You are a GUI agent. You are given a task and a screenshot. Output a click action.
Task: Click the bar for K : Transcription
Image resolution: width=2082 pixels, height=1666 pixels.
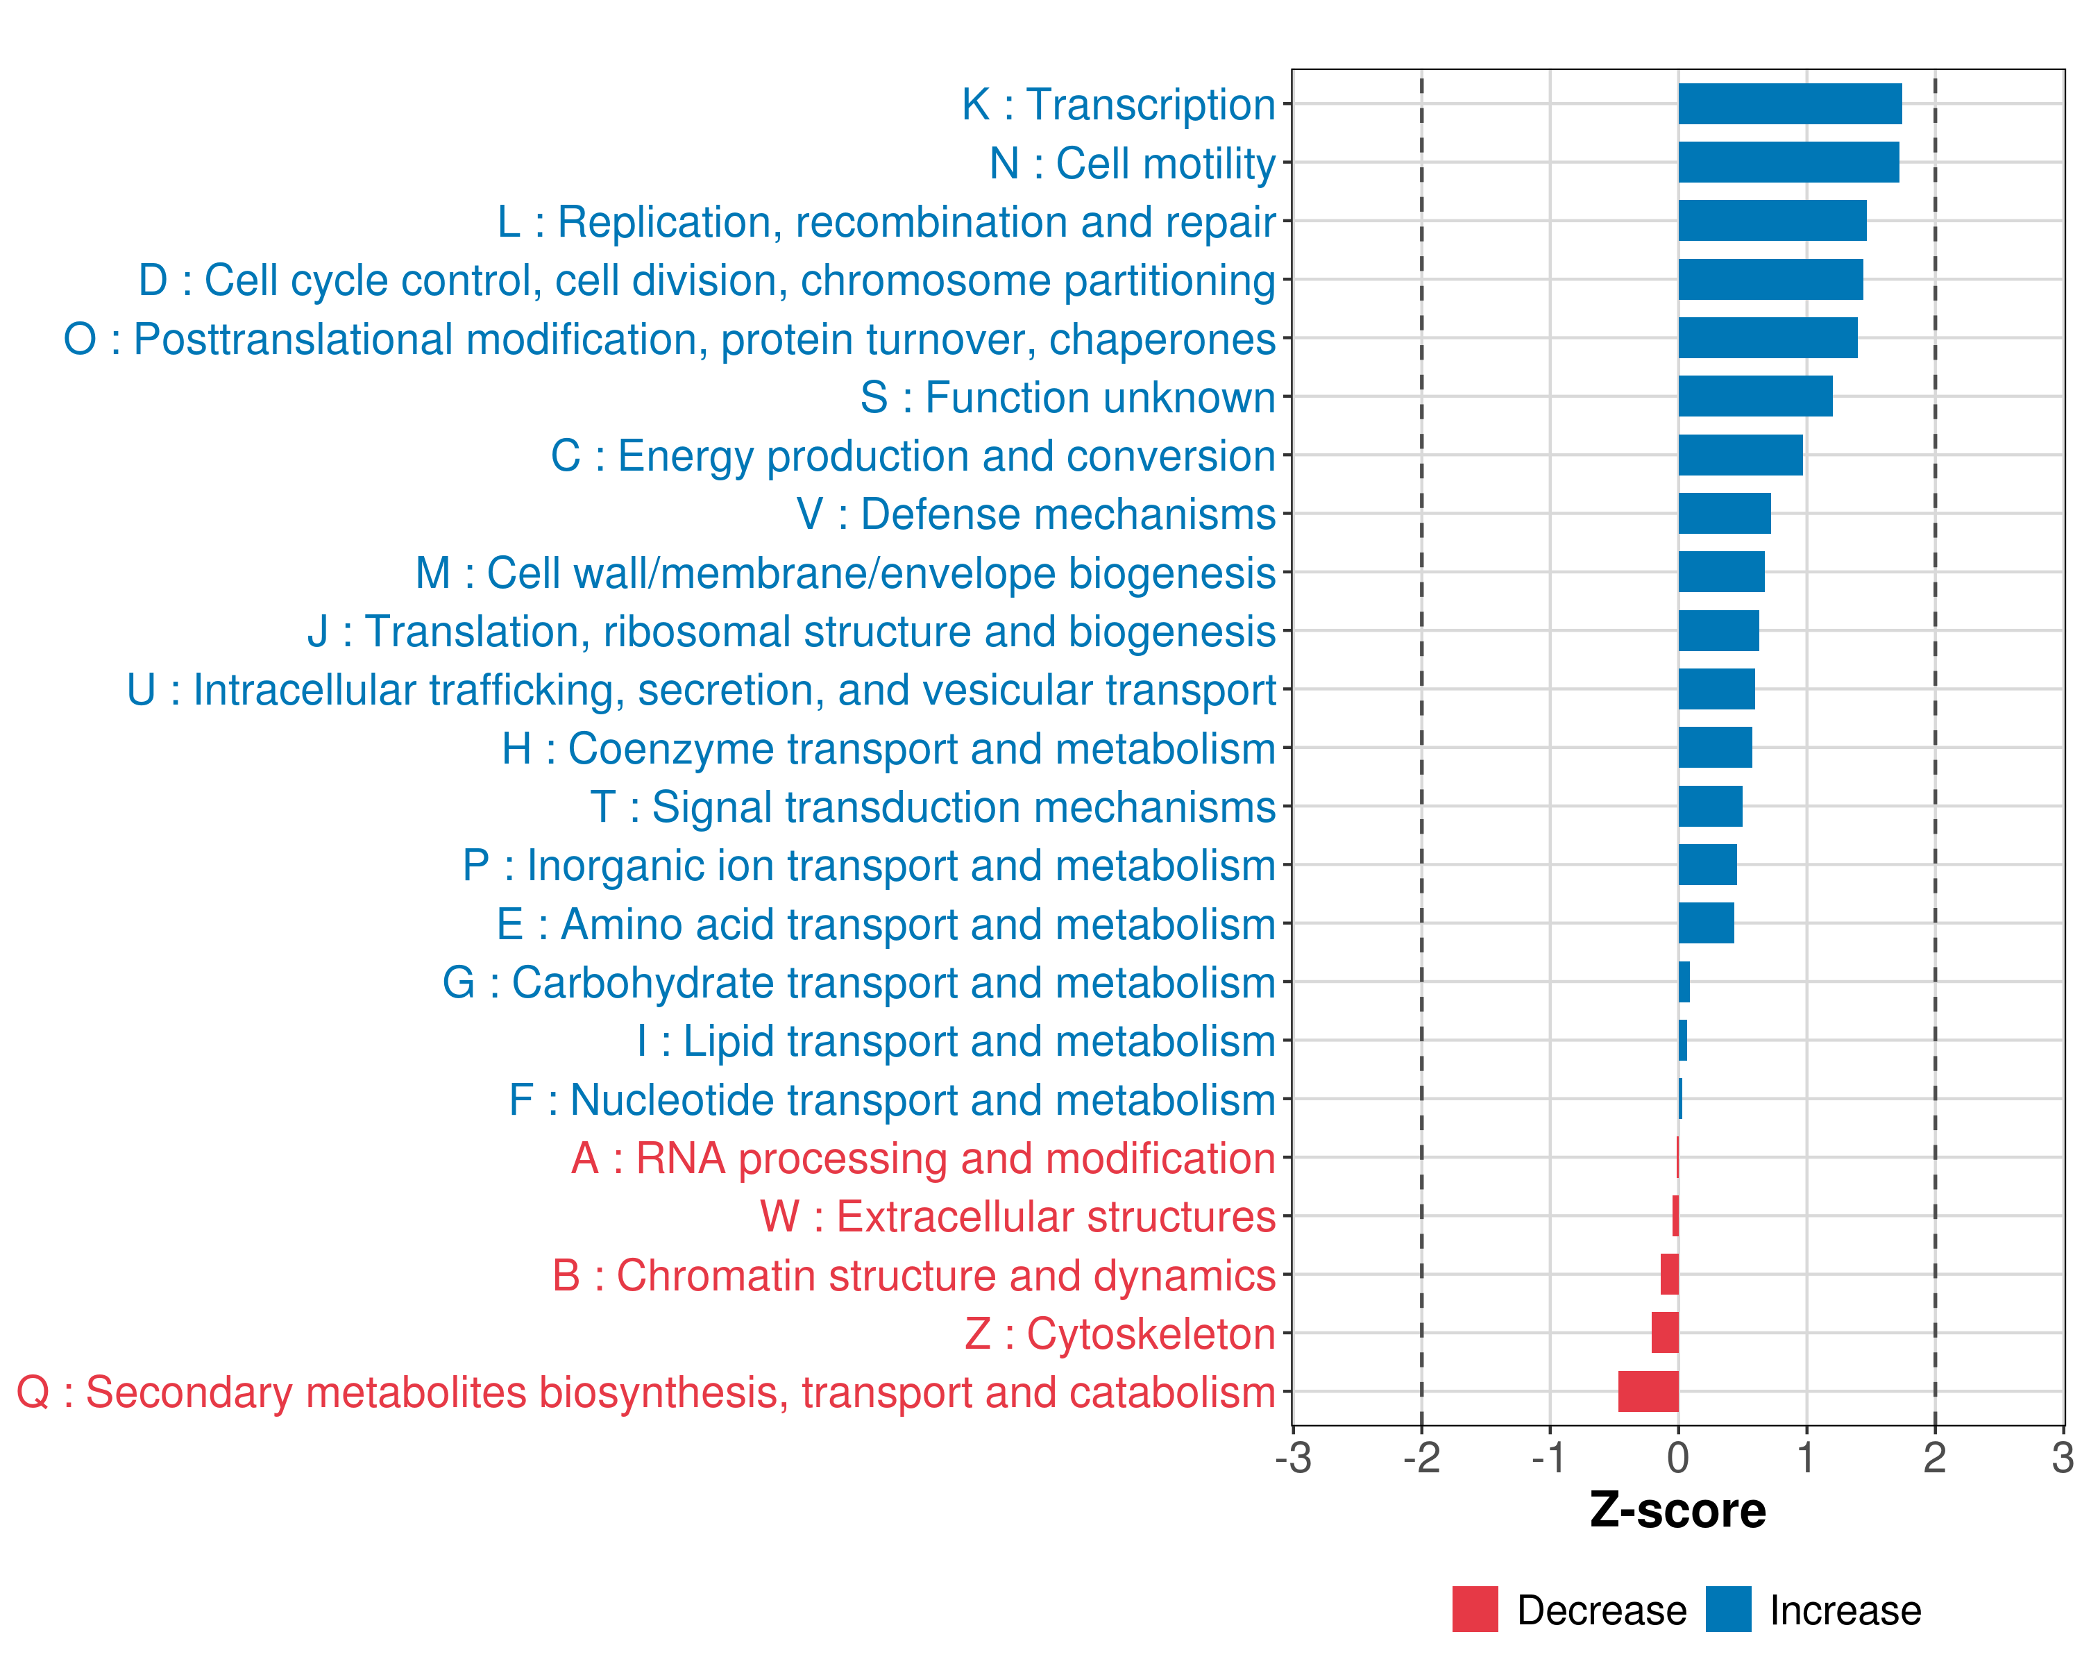pos(1789,104)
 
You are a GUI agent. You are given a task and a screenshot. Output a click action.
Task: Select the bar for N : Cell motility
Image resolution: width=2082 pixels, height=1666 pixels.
pos(1788,162)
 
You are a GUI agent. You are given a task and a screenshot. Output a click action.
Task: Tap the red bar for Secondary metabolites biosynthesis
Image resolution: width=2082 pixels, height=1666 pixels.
pos(1648,1392)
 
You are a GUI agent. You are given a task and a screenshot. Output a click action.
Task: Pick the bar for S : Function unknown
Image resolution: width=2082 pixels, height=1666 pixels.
pos(1754,396)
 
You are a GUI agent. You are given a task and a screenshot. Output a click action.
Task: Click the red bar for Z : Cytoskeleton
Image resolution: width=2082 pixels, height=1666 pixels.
pos(1665,1333)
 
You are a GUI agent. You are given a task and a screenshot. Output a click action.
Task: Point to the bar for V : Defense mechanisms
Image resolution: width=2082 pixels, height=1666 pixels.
pos(1724,514)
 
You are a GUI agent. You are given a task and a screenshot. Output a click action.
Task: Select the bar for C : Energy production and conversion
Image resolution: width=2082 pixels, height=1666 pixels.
pos(1740,455)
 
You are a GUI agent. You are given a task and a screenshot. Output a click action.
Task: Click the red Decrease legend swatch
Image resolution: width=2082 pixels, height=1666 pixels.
pos(1475,1609)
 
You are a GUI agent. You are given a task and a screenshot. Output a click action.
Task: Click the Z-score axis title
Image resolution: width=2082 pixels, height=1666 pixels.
pos(1677,1511)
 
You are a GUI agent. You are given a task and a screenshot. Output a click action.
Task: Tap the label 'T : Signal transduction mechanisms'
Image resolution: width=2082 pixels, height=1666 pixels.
pos(933,807)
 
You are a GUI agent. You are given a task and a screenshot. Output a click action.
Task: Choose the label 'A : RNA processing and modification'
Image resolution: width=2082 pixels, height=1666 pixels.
pos(923,1158)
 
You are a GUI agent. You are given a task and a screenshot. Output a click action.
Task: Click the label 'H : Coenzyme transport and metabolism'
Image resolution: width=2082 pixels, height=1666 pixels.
pos(888,748)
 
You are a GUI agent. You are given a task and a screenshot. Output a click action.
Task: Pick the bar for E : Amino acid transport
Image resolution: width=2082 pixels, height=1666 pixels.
pos(1705,923)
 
